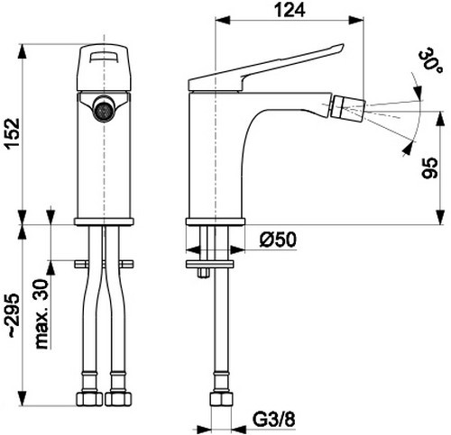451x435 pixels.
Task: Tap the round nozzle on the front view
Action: pyautogui.click(x=104, y=109)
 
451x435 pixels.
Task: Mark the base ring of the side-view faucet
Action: pyautogui.click(x=215, y=220)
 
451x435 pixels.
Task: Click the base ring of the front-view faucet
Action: pyautogui.click(x=104, y=220)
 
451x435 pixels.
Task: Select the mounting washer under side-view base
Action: pyautogui.click(x=215, y=261)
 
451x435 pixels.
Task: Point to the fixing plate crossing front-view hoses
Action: pyautogui.click(x=104, y=262)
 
